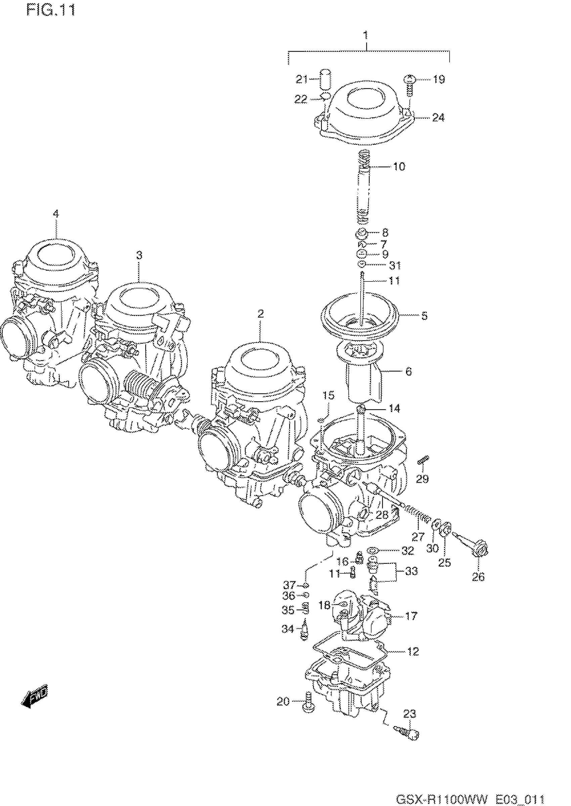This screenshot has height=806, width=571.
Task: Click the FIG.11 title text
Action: pyautogui.click(x=51, y=10)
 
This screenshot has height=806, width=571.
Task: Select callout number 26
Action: pyautogui.click(x=478, y=577)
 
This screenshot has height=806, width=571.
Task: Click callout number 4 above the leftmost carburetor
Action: pyautogui.click(x=56, y=213)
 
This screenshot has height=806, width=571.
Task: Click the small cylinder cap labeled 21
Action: pyautogui.click(x=325, y=80)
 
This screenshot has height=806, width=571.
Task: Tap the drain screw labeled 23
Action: pyautogui.click(x=407, y=733)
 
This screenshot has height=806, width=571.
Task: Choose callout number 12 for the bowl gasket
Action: pyautogui.click(x=413, y=651)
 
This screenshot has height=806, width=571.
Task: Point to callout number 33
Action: pyautogui.click(x=411, y=571)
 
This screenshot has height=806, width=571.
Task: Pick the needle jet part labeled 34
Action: pyautogui.click(x=305, y=630)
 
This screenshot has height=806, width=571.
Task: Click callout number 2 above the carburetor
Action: pyautogui.click(x=260, y=314)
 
